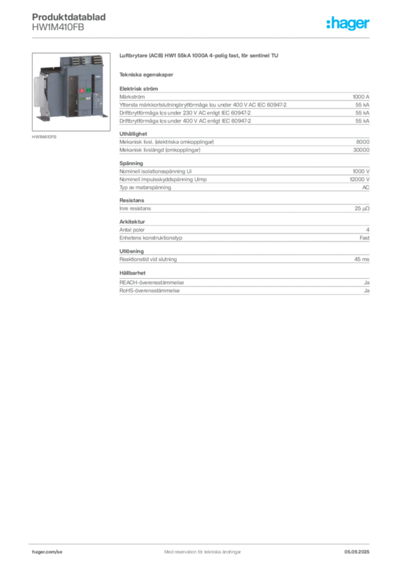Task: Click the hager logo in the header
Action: [348, 23]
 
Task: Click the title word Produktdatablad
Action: [69, 17]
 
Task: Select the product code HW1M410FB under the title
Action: [58, 27]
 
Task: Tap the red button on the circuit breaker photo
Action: [81, 91]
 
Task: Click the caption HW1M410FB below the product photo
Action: [44, 137]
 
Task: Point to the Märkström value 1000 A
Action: [361, 97]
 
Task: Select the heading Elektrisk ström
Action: [139, 89]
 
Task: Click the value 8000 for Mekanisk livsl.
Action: [362, 142]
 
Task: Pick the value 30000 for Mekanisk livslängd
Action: [361, 150]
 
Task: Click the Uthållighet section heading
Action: [133, 134]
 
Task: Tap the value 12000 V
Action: [359, 179]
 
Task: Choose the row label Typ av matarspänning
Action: [145, 187]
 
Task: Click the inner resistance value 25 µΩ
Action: [362, 208]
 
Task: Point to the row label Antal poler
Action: [132, 230]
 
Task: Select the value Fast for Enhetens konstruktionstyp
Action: [364, 238]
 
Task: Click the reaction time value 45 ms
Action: [362, 260]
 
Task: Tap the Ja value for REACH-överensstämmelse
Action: [367, 283]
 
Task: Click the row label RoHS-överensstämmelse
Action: [150, 290]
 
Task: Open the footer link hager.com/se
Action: [47, 552]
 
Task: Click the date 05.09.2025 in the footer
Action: [357, 552]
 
